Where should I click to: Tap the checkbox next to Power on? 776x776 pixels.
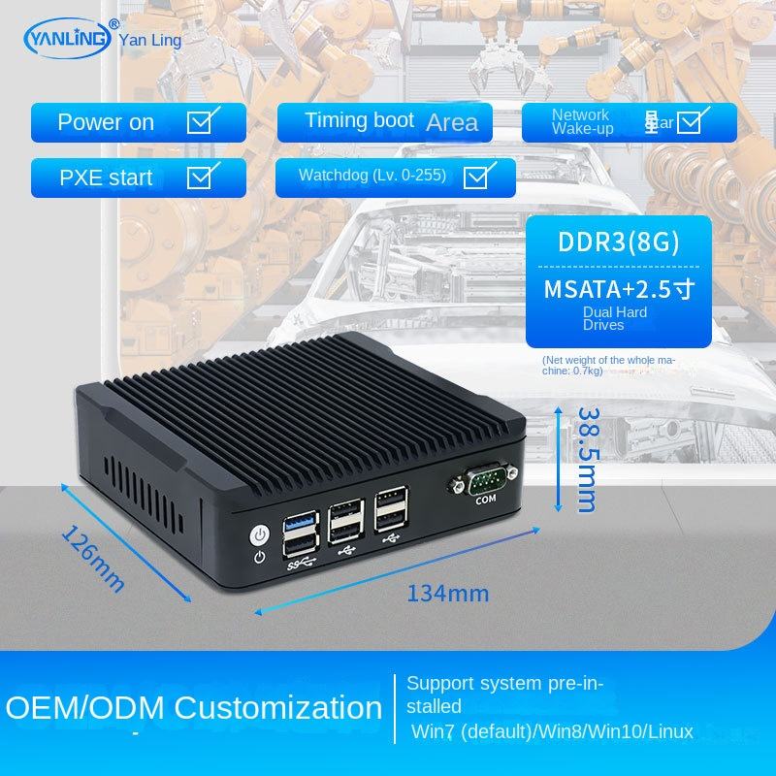click(201, 121)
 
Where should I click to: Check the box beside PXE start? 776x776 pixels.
click(201, 177)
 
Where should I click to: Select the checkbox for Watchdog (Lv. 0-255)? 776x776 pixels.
click(475, 176)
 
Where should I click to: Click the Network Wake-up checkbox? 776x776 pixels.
click(690, 121)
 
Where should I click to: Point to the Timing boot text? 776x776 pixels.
click(359, 120)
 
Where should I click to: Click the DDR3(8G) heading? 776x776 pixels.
click(618, 241)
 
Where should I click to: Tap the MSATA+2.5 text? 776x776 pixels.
click(618, 288)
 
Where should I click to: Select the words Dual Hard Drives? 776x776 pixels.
click(615, 318)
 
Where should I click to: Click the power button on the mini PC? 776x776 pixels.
click(259, 534)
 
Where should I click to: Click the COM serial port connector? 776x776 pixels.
click(484, 478)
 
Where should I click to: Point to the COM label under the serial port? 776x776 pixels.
click(485, 501)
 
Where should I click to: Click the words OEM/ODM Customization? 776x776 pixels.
click(194, 706)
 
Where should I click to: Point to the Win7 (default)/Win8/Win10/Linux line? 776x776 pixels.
click(551, 730)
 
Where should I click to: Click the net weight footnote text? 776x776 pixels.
click(609, 365)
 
